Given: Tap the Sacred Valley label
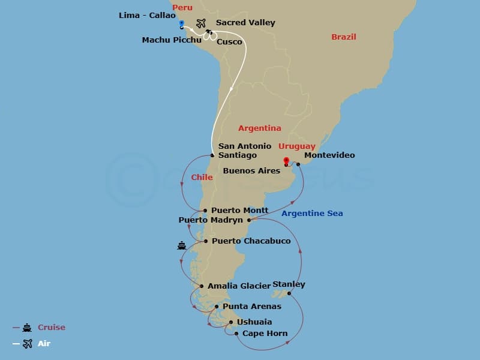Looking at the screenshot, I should (x=245, y=23).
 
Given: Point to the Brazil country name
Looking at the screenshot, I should (x=344, y=37).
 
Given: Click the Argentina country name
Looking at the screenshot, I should (x=259, y=128).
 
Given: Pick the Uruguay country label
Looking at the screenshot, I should (x=296, y=146).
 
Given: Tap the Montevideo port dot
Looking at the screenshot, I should (x=298, y=164).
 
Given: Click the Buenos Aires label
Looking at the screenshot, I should (x=251, y=171).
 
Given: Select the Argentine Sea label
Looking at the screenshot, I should (x=312, y=214).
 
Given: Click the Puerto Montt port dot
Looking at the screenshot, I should (x=205, y=211).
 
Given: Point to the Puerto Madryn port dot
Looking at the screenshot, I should (x=249, y=220).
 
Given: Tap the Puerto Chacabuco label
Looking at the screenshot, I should (x=251, y=241).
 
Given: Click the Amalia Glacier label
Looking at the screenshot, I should (x=239, y=286).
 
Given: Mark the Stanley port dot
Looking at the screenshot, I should (x=289, y=293).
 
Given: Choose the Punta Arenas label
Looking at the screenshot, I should (x=251, y=307).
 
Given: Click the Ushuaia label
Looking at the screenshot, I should (x=254, y=322).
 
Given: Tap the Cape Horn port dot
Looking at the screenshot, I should (x=236, y=334).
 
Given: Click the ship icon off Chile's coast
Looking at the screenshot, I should (x=182, y=245).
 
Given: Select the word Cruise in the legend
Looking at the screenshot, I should (x=52, y=328).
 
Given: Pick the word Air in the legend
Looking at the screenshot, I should (x=44, y=344).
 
